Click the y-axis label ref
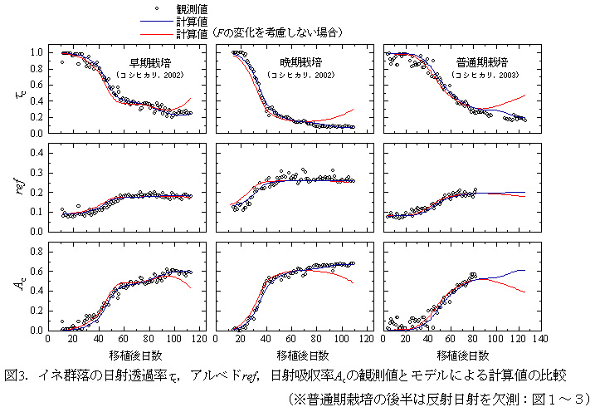[21, 189]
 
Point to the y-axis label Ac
[21, 285]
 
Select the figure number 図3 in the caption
[17, 375]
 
